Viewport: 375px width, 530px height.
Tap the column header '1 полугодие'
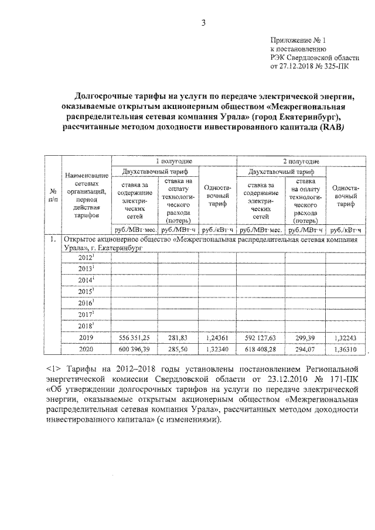point(174,160)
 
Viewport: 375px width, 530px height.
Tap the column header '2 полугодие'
point(300,160)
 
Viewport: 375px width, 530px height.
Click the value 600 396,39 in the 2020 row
point(135,349)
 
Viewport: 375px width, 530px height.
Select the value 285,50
point(177,349)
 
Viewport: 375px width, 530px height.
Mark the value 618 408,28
point(260,349)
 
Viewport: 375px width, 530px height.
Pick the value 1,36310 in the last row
point(345,349)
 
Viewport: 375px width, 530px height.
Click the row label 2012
point(85,258)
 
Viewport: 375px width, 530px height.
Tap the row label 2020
point(86,349)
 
